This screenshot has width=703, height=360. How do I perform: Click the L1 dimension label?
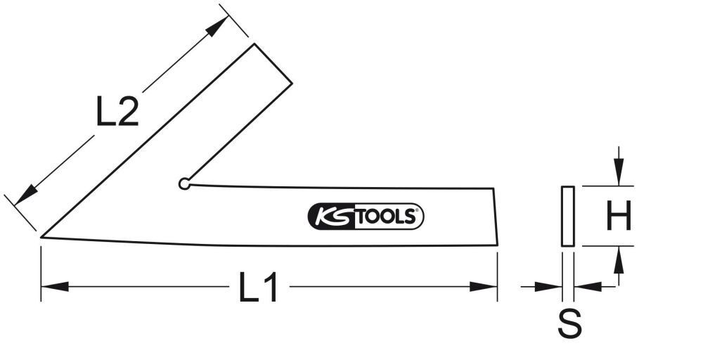coord(259,288)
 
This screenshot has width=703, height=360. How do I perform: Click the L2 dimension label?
coord(117,112)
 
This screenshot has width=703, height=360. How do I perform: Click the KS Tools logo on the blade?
coord(366,217)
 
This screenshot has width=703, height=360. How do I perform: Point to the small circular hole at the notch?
coord(184,184)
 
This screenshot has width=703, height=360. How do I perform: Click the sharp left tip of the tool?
coord(42,237)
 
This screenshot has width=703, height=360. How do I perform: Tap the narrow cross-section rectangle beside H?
coord(568,217)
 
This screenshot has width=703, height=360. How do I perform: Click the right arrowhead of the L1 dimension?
coord(484,287)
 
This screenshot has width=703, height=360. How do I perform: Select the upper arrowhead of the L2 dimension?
coord(218,26)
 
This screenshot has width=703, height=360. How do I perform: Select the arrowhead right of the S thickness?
coord(587,287)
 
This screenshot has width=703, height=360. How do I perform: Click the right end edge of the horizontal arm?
coord(496,217)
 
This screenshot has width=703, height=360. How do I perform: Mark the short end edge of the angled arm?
coord(273,64)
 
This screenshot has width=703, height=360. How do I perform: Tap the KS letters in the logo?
coord(329,217)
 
